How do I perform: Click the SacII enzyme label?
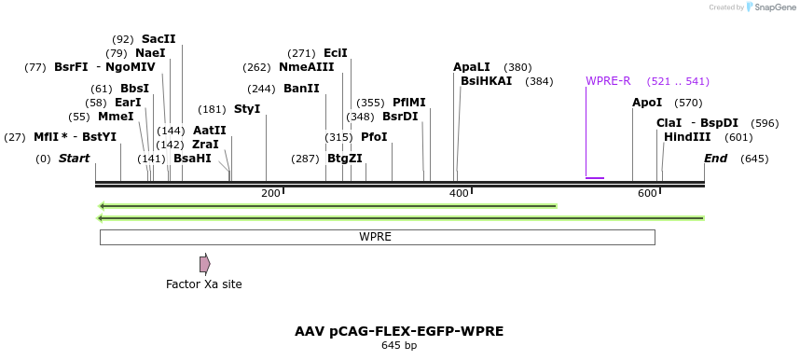click(159, 39)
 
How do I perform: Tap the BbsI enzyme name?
click(134, 89)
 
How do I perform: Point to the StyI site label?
click(247, 109)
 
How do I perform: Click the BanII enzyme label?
click(301, 89)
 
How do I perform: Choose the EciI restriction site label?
click(335, 53)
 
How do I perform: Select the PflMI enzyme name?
click(408, 103)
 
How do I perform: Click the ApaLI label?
click(472, 67)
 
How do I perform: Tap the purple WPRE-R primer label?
click(608, 81)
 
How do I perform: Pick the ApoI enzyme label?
click(647, 103)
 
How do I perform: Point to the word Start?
click(75, 159)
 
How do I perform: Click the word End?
click(715, 159)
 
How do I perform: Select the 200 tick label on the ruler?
click(270, 193)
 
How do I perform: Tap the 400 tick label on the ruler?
click(459, 193)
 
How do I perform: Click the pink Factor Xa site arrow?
click(204, 264)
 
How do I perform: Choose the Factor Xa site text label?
click(203, 284)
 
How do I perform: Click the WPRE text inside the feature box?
click(376, 237)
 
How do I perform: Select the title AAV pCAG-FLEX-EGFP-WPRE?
click(399, 331)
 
